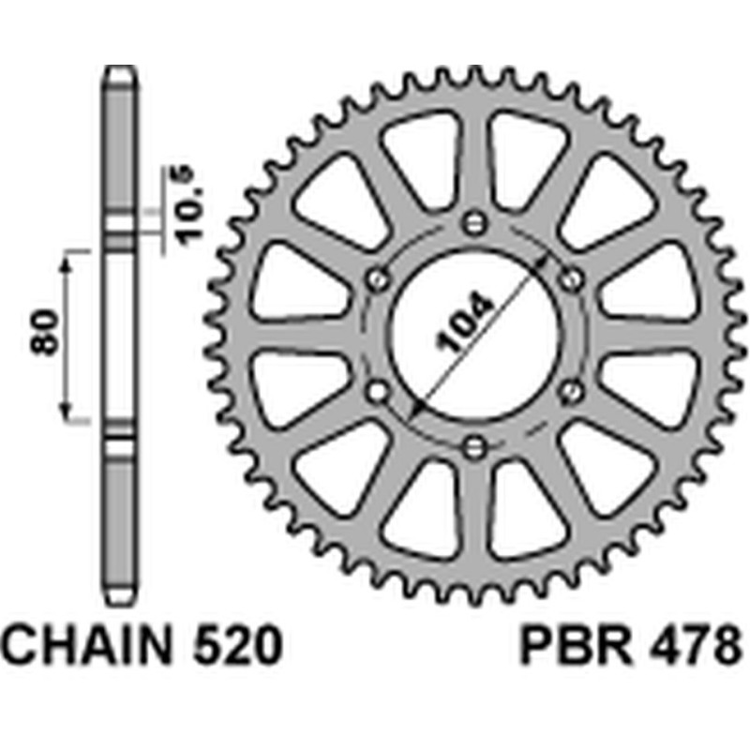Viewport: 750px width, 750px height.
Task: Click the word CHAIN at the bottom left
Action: [x=89, y=648]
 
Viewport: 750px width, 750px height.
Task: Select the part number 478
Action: [x=695, y=648]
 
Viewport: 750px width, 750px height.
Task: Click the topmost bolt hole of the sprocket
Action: [x=475, y=223]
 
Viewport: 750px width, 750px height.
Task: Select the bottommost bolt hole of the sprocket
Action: [x=475, y=443]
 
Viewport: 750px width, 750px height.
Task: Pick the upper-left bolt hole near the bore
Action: [x=379, y=278]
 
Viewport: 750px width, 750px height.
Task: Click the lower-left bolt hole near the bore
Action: [x=379, y=389]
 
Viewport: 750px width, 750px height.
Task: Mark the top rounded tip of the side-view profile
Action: [x=119, y=68]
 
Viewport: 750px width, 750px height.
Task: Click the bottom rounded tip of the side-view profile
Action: [x=119, y=600]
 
